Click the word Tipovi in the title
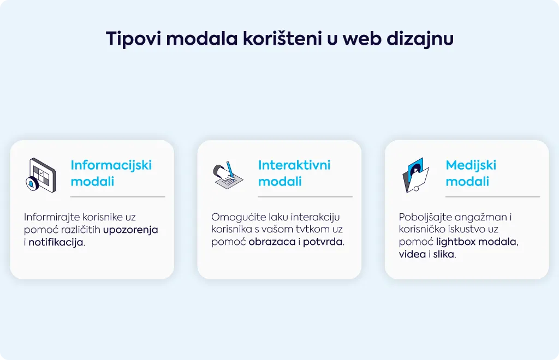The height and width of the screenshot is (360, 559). [x=133, y=39]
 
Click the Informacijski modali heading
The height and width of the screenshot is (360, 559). [x=111, y=173]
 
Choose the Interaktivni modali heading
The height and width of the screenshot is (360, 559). [x=294, y=173]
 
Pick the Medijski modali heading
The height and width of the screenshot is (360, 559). [x=471, y=173]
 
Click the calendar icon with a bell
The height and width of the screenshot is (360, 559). [x=41, y=175]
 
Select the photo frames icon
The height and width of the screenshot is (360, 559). [x=415, y=175]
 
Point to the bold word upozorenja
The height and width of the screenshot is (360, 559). [x=130, y=230]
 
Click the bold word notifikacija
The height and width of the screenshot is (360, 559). [x=56, y=243]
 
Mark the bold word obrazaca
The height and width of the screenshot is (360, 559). [x=272, y=242]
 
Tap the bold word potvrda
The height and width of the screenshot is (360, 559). [x=323, y=242]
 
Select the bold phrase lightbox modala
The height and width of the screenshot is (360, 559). [x=476, y=242]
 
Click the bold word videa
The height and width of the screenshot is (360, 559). [x=412, y=254]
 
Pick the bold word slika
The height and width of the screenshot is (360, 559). [x=443, y=254]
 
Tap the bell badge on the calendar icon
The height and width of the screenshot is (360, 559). [x=32, y=184]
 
